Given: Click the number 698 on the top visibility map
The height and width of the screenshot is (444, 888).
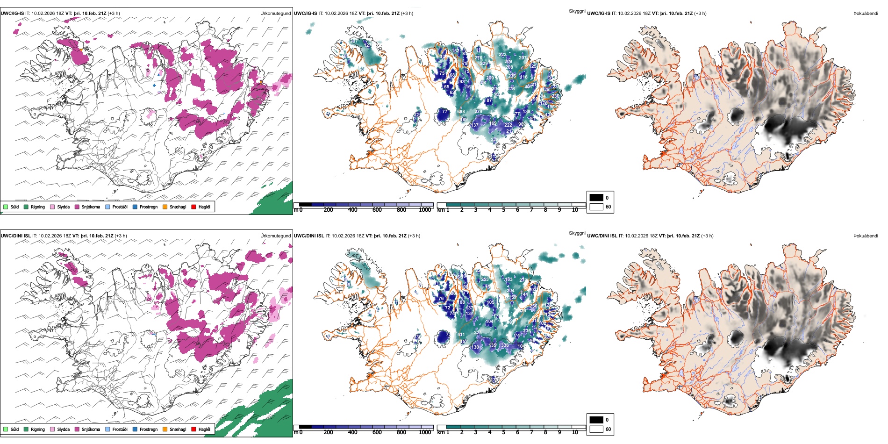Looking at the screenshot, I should (461, 112).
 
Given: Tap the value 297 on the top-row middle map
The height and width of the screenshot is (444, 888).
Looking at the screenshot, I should (523, 58).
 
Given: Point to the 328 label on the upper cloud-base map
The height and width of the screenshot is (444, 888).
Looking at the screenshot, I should (494, 140).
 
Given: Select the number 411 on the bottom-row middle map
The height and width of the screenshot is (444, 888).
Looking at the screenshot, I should (461, 335).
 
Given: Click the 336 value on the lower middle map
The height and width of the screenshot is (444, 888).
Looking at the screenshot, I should (505, 345).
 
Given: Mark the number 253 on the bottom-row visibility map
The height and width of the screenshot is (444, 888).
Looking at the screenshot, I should (485, 279).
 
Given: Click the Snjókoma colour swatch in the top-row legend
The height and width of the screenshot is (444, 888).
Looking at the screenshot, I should (77, 207).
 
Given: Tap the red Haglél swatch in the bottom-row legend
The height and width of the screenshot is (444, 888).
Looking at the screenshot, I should (194, 429).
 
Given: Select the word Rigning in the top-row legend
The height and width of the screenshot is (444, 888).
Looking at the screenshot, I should (38, 207).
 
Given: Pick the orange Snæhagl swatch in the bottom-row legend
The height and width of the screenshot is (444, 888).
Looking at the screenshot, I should (165, 429).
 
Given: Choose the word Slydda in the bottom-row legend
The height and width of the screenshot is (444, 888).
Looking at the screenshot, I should (64, 429).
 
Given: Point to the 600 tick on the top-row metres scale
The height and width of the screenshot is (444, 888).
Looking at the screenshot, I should (377, 210).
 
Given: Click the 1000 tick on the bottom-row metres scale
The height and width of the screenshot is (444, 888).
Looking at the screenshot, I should (425, 432).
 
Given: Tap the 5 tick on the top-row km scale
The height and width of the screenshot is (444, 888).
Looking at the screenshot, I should (504, 210).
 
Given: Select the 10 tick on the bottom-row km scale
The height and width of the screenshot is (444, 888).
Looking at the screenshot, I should (575, 432).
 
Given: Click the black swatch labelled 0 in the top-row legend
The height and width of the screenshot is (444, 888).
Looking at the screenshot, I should (596, 197).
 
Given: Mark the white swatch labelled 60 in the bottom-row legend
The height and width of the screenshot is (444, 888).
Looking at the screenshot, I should (596, 429).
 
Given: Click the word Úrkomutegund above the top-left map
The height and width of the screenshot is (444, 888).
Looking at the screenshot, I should (275, 13).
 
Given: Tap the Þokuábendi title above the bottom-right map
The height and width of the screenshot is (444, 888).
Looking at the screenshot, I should (866, 236).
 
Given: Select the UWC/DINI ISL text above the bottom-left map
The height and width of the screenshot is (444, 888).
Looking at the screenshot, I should (15, 236).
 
